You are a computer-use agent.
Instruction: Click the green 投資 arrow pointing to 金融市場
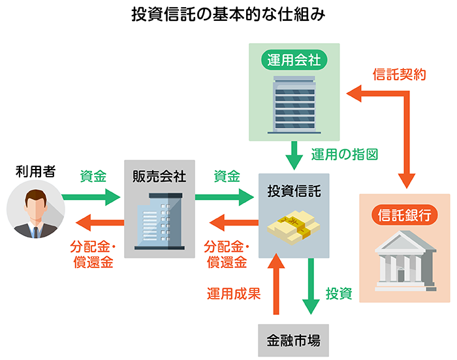310,287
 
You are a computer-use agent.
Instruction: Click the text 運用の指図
345,155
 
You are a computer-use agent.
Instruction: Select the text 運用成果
234,293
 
